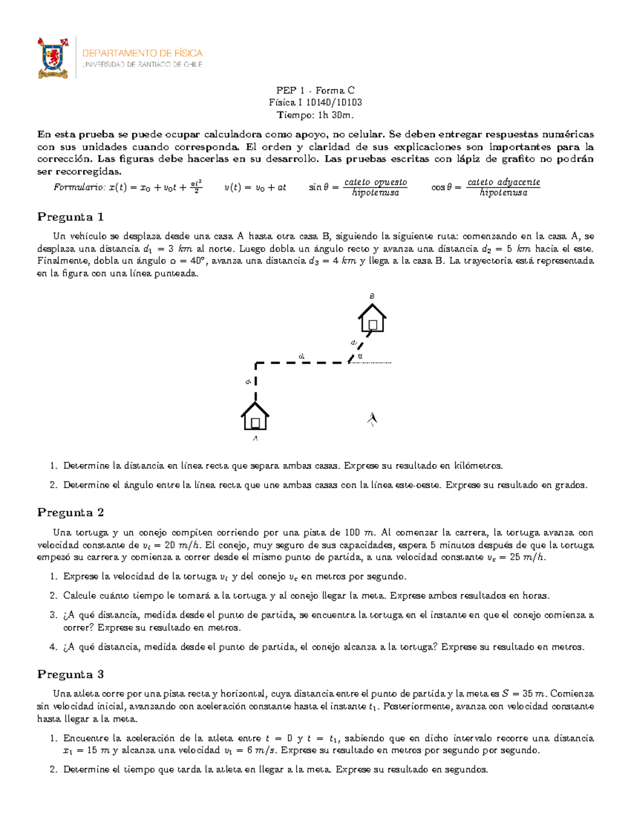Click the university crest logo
(x=53, y=58)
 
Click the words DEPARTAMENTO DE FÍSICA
(x=142, y=53)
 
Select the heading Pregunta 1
(x=70, y=217)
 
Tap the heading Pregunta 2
(x=70, y=512)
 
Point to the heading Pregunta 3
(x=70, y=674)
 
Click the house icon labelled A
(x=255, y=417)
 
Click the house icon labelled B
(x=372, y=318)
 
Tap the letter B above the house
(x=372, y=297)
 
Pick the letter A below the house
(x=256, y=438)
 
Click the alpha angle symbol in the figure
(x=360, y=356)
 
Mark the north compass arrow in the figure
(x=372, y=418)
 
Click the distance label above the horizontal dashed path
(x=301, y=356)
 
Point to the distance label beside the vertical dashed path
(x=248, y=382)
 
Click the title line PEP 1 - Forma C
(x=315, y=90)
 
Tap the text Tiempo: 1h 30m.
(x=315, y=115)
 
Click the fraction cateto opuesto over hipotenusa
(x=375, y=187)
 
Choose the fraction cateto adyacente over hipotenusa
(x=503, y=187)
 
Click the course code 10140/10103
(x=334, y=103)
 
